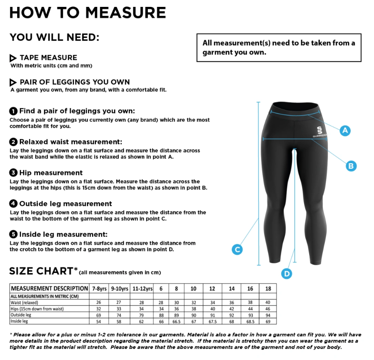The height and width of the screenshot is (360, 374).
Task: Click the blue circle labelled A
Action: [345, 131]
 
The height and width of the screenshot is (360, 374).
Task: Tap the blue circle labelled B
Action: [351, 166]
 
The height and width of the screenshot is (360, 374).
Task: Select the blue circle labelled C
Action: [237, 249]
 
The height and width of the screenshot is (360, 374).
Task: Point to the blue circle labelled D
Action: [286, 274]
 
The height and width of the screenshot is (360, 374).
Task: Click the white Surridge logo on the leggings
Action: [320, 132]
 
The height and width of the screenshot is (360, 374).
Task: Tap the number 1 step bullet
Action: [13, 111]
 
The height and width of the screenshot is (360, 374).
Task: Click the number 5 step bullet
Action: [13, 235]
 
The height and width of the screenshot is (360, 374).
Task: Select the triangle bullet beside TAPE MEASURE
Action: [13, 58]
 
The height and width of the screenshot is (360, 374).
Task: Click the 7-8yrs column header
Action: [99, 289]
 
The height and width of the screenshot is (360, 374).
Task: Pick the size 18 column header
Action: [268, 289]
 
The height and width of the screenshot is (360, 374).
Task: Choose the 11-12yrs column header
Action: [142, 289]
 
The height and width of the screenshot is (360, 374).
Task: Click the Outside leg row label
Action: [21, 315]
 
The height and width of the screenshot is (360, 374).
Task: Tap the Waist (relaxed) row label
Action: [25, 302]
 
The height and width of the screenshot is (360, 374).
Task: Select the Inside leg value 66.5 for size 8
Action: [177, 322]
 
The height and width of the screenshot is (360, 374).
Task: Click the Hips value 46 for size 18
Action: [268, 309]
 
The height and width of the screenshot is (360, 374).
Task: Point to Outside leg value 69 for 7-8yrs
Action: [98, 315]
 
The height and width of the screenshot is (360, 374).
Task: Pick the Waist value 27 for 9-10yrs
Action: [119, 302]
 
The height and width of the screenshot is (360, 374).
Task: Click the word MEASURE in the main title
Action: [126, 12]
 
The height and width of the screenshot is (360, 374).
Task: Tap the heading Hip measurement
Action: [51, 173]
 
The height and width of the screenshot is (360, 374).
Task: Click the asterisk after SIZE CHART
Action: [76, 269]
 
